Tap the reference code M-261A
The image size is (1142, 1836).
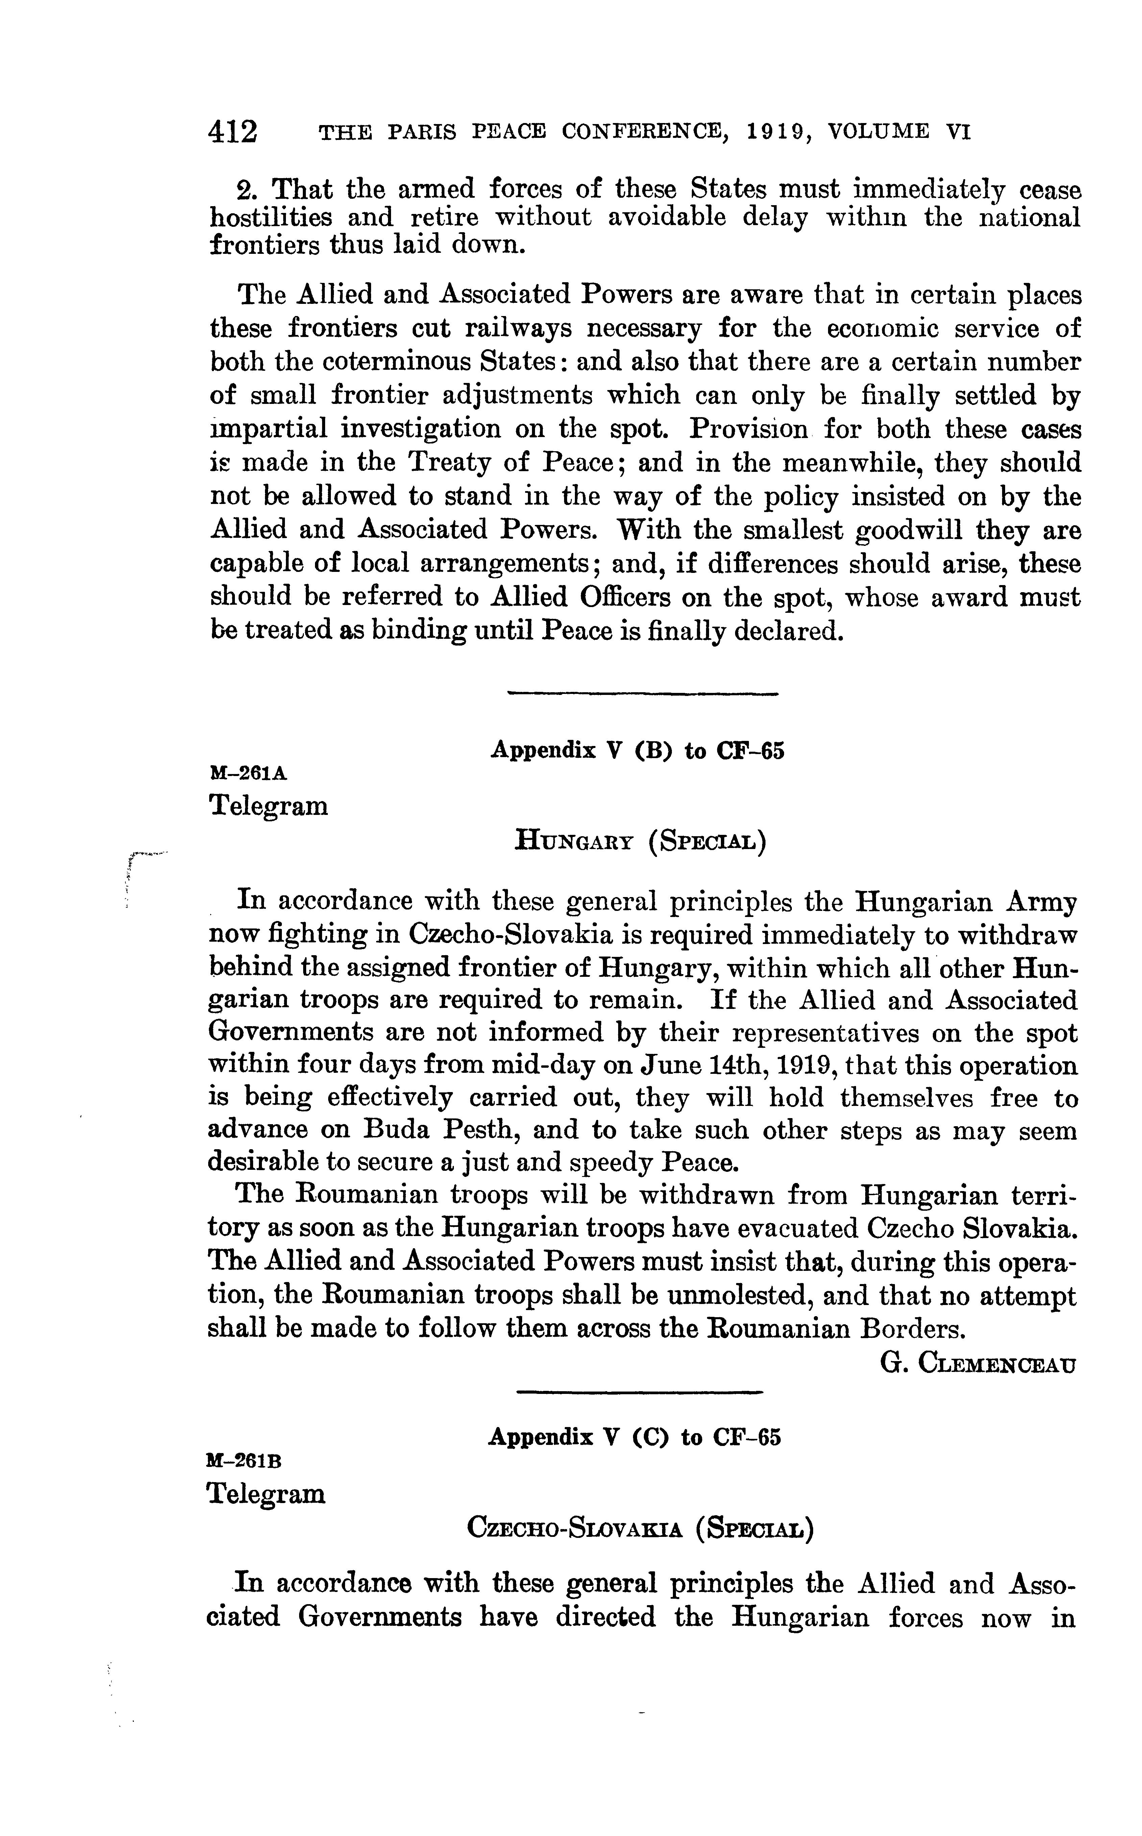(248, 773)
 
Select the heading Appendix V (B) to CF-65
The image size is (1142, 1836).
(638, 751)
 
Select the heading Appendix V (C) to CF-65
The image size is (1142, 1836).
(634, 1436)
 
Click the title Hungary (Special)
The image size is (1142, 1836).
(640, 840)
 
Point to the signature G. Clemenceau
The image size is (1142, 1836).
(978, 1363)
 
